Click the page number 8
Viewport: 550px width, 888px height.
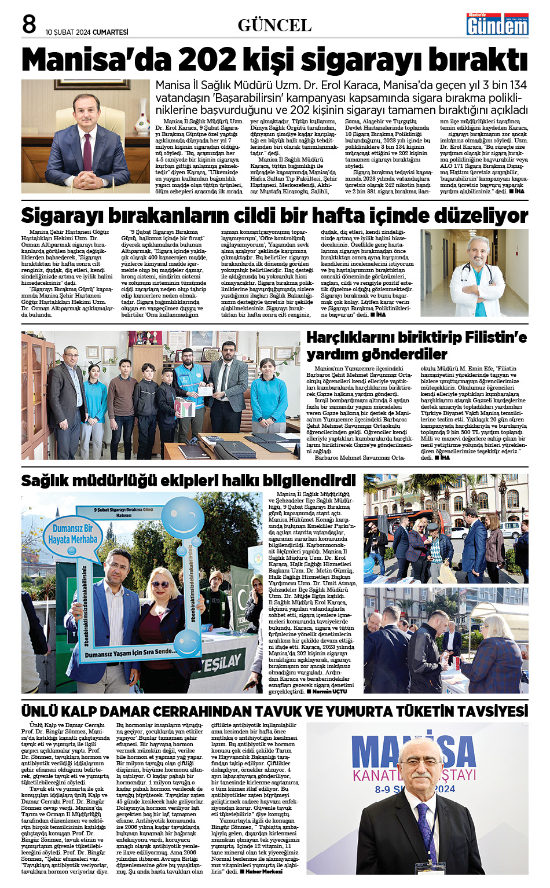29,24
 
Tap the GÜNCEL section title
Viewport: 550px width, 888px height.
274,25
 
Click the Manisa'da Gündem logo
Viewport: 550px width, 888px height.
497,24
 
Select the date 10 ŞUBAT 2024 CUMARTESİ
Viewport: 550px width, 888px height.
87,32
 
